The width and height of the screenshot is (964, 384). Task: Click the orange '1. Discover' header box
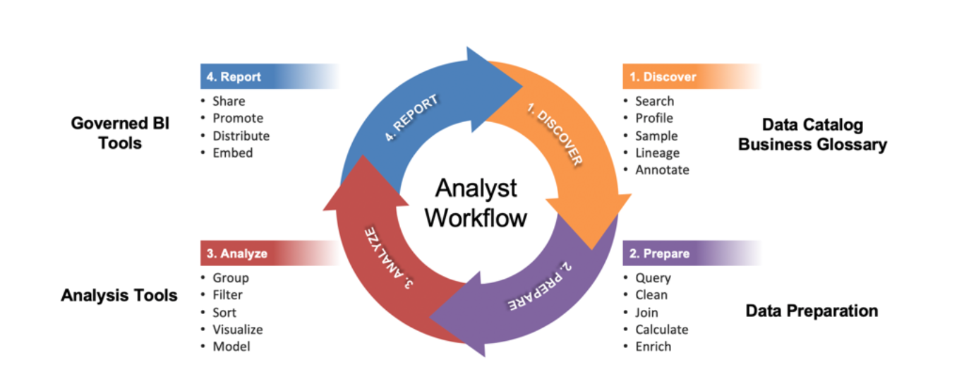(x=663, y=77)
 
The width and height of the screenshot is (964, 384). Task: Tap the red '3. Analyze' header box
(x=237, y=253)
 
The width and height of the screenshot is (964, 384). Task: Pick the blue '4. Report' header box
(x=234, y=77)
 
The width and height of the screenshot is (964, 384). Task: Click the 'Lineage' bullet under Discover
(x=657, y=152)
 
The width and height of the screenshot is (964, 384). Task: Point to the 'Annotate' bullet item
(x=662, y=170)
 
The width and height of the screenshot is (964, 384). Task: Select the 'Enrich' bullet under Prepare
(x=653, y=347)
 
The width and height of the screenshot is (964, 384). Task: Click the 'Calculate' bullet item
(x=661, y=330)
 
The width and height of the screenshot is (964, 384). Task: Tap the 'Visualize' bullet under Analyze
(x=237, y=330)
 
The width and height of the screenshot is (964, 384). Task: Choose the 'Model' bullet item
(x=231, y=347)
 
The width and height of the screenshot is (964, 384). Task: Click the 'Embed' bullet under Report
(x=232, y=152)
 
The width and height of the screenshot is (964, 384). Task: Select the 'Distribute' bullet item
(x=241, y=136)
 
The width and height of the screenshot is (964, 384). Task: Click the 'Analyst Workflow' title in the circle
(x=476, y=203)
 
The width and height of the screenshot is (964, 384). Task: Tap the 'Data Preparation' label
(x=812, y=311)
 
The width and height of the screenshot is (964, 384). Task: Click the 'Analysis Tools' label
(x=119, y=295)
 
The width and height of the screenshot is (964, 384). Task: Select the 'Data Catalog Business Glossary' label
(x=812, y=135)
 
